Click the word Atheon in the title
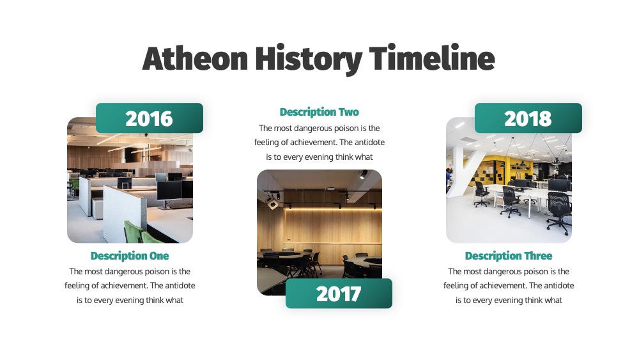tap(195, 58)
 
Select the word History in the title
tap(309, 60)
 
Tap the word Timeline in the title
tap(432, 58)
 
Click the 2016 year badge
tap(149, 118)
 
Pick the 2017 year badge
tap(339, 293)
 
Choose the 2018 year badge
tap(528, 118)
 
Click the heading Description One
tap(130, 256)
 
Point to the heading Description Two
tap(319, 112)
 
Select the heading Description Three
tap(509, 256)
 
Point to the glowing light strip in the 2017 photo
tap(334, 208)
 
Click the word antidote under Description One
tap(180, 285)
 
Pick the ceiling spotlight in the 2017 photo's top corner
tap(362, 175)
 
